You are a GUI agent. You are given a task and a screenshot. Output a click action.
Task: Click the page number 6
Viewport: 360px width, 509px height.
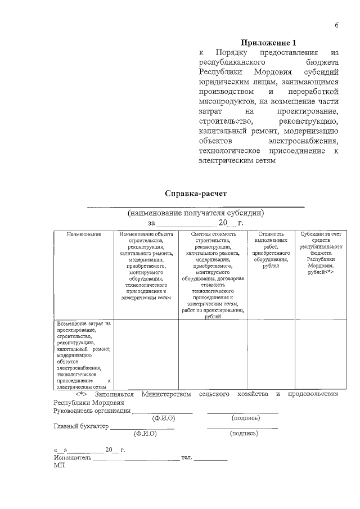(x=336, y=25)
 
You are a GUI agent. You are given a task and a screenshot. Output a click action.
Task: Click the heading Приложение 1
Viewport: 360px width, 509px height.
(x=268, y=43)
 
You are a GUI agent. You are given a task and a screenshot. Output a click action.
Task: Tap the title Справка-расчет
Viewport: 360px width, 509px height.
(x=195, y=193)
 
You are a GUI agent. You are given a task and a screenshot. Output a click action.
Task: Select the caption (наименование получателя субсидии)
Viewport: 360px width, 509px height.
(x=195, y=213)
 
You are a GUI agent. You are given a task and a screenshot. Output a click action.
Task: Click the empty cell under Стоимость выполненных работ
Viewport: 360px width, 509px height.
(x=271, y=354)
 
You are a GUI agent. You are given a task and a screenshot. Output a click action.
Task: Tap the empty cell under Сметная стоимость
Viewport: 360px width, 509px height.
(x=213, y=354)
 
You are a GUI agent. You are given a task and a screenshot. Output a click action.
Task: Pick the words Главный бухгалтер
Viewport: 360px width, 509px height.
(x=81, y=426)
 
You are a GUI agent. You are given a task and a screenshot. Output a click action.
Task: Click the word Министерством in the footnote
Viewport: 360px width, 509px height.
(x=166, y=394)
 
